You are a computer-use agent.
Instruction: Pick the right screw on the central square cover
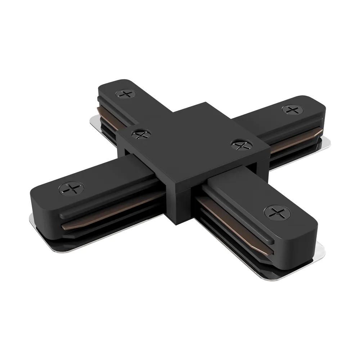click(x=238, y=144)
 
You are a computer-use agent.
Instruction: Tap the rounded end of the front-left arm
click(x=40, y=202)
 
